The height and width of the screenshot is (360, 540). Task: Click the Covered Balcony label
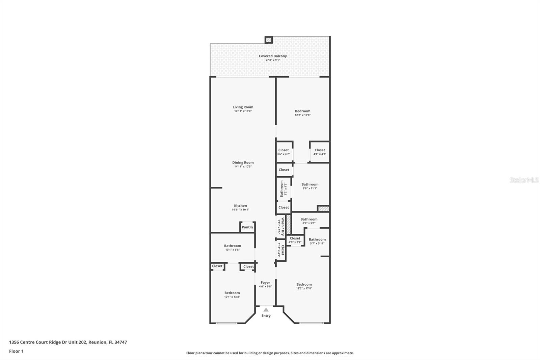click(273, 56)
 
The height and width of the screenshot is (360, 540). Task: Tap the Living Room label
click(243, 107)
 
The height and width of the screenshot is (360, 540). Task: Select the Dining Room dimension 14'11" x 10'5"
click(243, 166)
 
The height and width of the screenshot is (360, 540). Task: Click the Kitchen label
click(240, 206)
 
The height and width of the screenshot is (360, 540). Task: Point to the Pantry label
click(247, 227)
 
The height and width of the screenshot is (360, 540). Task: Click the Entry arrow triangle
click(266, 310)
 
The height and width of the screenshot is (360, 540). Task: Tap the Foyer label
click(265, 283)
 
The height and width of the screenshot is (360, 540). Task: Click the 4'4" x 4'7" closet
click(320, 152)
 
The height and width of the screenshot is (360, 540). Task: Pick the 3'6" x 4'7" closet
click(283, 152)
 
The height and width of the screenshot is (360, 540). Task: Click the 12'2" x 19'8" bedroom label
click(302, 111)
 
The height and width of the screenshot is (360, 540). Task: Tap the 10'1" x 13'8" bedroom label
click(232, 293)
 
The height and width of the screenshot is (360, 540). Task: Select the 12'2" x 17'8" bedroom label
click(304, 285)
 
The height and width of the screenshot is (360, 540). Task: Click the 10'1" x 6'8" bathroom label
click(233, 246)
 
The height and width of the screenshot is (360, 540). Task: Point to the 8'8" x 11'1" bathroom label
click(310, 184)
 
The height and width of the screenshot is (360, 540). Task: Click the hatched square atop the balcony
click(269, 40)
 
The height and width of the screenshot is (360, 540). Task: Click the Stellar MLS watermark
click(524, 180)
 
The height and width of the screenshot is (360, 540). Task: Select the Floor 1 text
click(16, 351)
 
